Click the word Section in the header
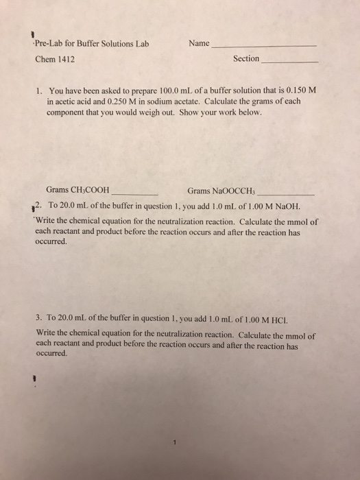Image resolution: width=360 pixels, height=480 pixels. [246, 59]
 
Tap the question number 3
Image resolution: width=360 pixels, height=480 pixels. [39, 319]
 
